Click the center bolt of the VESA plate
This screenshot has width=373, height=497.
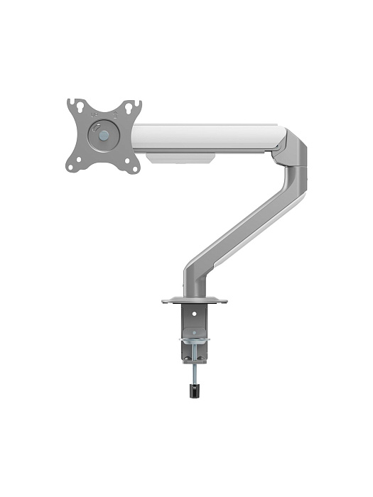pyautogui.click(x=104, y=133)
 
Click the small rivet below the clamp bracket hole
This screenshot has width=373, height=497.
pyautogui.click(x=191, y=327)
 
